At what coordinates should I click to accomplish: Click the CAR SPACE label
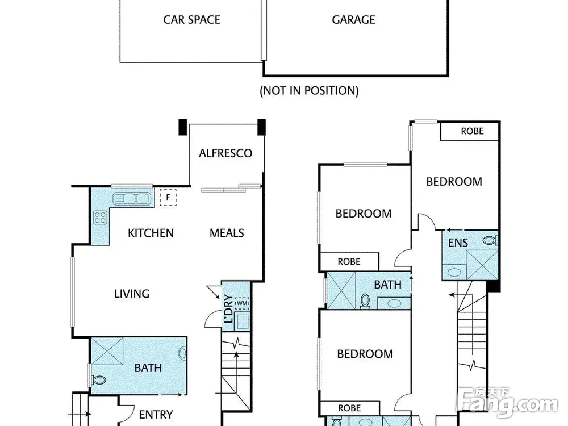(191, 19)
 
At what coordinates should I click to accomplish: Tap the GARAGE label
(353, 19)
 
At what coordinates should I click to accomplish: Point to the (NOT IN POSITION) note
(309, 90)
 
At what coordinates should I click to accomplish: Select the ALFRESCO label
(225, 153)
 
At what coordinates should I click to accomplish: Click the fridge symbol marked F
(168, 198)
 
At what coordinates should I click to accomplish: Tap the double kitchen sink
(131, 198)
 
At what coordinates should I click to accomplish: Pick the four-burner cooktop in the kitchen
(100, 218)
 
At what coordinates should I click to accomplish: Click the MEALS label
(227, 233)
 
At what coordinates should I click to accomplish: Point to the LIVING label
(132, 294)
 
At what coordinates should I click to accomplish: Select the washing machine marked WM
(242, 303)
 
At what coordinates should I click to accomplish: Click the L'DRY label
(228, 308)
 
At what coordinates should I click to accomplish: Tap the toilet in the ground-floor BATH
(98, 380)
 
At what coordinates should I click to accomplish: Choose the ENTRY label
(156, 415)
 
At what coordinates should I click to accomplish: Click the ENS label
(458, 243)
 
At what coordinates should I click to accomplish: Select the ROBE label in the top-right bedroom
(472, 131)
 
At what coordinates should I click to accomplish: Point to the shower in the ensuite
(482, 265)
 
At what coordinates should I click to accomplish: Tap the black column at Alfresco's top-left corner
(183, 127)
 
